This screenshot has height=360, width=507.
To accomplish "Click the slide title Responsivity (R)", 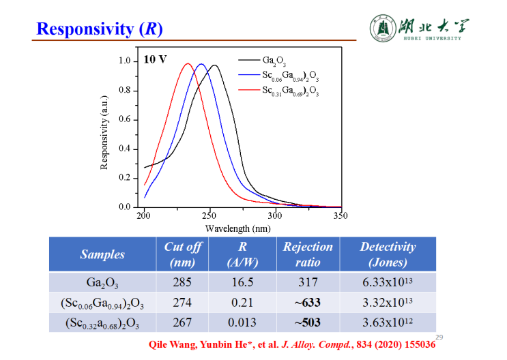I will point(99,29).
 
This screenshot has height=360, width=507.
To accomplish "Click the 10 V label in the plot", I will point(155,59).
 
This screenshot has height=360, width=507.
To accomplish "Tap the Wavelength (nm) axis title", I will point(238,229).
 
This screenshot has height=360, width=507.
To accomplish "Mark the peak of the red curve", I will point(188,63).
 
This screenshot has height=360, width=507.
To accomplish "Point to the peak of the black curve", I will point(215,65).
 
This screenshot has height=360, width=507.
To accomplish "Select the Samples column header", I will point(102,254).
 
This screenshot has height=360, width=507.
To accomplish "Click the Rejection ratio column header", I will point(308,254).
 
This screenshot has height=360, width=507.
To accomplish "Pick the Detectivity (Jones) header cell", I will point(388,254).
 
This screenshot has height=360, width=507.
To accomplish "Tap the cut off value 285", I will point(182,282).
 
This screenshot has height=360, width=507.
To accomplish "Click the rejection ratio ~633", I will point(308,302).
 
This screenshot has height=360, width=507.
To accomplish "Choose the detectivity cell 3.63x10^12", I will point(388,322).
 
